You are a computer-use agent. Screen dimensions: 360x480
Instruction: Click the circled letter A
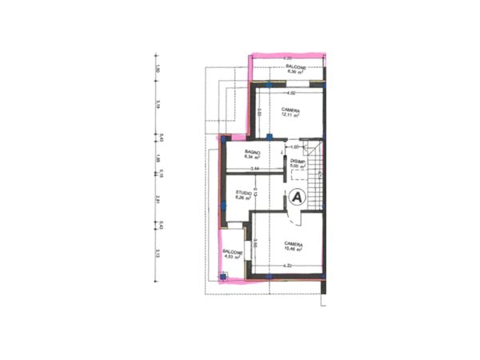(297, 196)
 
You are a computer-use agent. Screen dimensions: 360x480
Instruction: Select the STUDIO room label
(244, 194)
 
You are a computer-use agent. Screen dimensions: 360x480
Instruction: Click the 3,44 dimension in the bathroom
(254, 170)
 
